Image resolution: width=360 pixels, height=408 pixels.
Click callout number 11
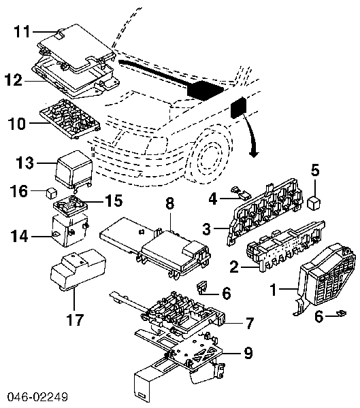(x=22, y=31)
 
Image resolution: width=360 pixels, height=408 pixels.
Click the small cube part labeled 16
(x=52, y=192)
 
